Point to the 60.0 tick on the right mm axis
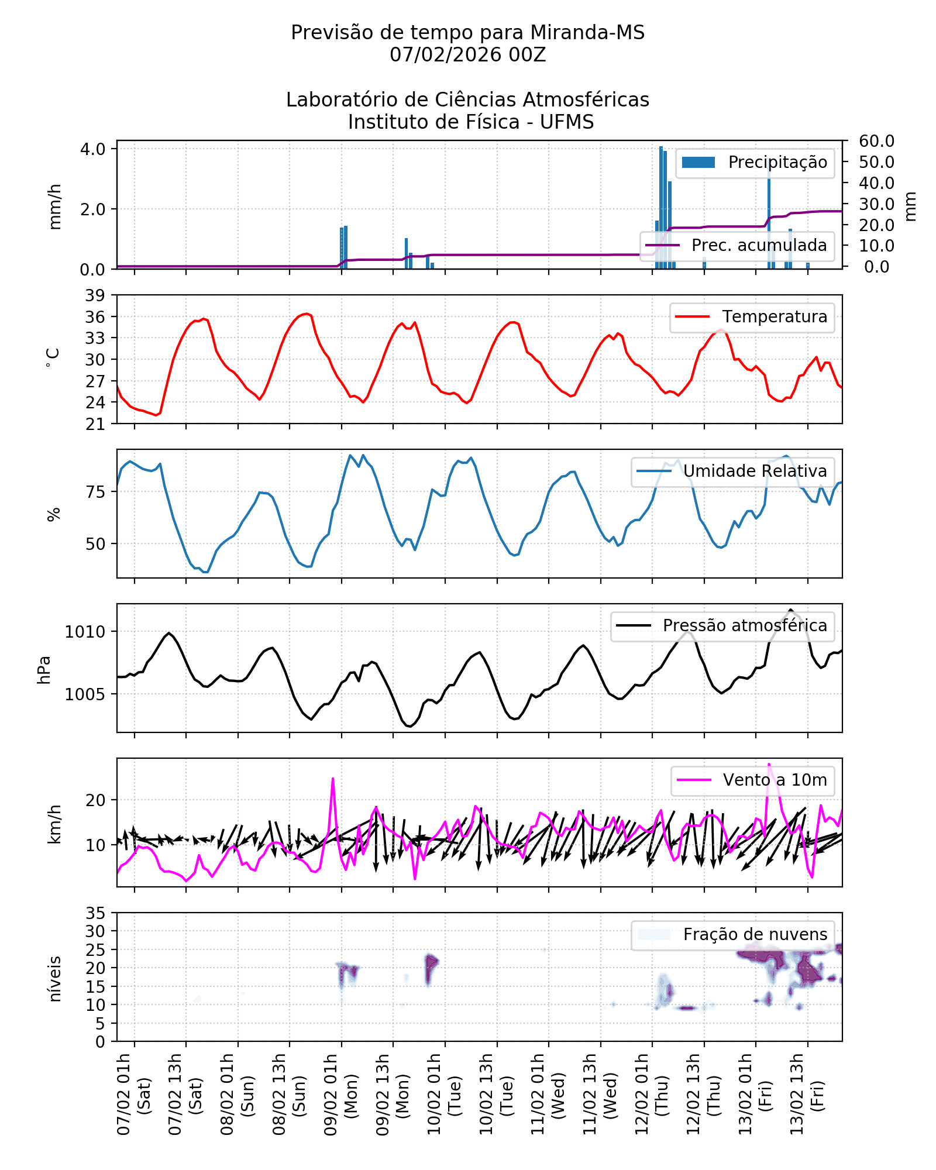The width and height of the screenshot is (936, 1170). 876,141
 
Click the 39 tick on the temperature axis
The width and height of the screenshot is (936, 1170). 95,295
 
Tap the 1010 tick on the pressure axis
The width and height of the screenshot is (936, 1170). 85,632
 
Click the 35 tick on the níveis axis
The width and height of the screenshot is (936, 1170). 95,913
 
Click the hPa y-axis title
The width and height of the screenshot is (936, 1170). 44,670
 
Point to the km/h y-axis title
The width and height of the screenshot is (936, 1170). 54,824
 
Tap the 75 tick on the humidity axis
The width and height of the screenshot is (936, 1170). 95,492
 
